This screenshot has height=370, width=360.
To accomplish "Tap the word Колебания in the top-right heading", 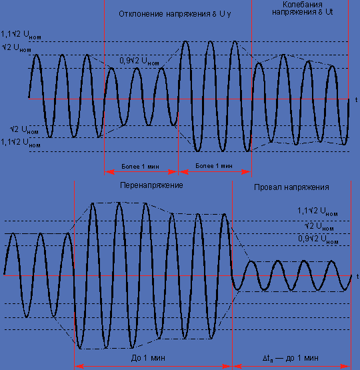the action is [303, 5].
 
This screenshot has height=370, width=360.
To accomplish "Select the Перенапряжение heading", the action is [151, 185].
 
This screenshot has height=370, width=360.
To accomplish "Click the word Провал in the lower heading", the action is [268, 187].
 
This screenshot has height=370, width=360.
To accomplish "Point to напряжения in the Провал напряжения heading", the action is [307, 187].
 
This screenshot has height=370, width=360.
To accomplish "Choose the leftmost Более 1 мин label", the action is [140, 167].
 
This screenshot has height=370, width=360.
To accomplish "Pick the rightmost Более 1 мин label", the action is [214, 166].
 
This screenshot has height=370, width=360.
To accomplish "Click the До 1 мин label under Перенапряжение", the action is [148, 358].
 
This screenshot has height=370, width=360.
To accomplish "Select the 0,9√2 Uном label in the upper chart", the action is [139, 61].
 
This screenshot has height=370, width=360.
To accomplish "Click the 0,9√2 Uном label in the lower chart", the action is [318, 239].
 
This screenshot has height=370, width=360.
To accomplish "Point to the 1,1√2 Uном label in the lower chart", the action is [317, 211].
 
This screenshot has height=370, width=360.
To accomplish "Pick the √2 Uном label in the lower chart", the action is [319, 227].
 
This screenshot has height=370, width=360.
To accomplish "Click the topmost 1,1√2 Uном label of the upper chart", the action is [21, 35].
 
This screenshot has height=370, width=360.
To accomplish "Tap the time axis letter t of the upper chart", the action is [356, 100].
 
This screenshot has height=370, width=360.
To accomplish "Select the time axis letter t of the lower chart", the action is [357, 276].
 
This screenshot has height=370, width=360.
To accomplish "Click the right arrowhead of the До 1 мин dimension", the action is [227, 367].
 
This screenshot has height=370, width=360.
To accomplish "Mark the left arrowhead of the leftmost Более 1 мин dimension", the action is [109, 172].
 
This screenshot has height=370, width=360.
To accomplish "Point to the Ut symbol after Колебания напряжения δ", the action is [329, 12].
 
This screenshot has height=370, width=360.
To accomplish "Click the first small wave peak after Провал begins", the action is [251, 261].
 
